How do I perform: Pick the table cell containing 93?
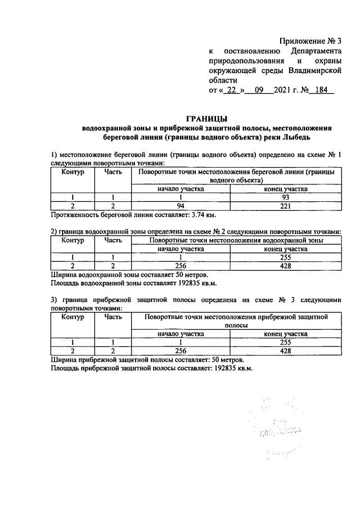coord(285,197)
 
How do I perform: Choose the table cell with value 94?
coord(180,205)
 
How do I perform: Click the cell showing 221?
coord(285,205)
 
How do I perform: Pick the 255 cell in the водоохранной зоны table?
coord(285,257)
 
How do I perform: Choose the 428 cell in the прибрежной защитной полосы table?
coord(285,350)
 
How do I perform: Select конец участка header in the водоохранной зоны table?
coord(285,248)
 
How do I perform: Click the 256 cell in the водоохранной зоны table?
coord(180,265)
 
